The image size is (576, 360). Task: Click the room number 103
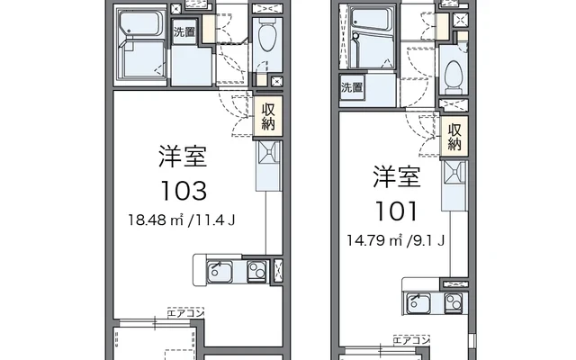pyautogui.click(x=184, y=191)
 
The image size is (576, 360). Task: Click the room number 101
pyautogui.click(x=396, y=211)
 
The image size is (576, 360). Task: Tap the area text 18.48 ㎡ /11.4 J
pyautogui.click(x=182, y=220)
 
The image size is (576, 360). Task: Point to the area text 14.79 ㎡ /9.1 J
pyautogui.click(x=396, y=240)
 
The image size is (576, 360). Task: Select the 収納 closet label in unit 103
pyautogui.click(x=268, y=116)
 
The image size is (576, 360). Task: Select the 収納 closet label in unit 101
pyautogui.click(x=454, y=137)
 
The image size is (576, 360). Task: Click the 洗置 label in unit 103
pyautogui.click(x=184, y=32)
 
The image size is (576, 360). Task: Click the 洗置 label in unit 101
pyautogui.click(x=352, y=87)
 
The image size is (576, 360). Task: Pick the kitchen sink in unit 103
pyautogui.click(x=220, y=272)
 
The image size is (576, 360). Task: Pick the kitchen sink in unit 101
pyautogui.click(x=418, y=303)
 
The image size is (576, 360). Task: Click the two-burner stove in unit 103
pyautogui.click(x=256, y=272)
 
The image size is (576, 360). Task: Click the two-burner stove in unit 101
pyautogui.click(x=454, y=303)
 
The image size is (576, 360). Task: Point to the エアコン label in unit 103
pyautogui.click(x=185, y=313)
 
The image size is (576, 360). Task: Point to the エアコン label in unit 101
pyautogui.click(x=411, y=340)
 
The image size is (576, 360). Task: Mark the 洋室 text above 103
pyautogui.click(x=183, y=157)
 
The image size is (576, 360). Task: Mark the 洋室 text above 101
pyautogui.click(x=397, y=176)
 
